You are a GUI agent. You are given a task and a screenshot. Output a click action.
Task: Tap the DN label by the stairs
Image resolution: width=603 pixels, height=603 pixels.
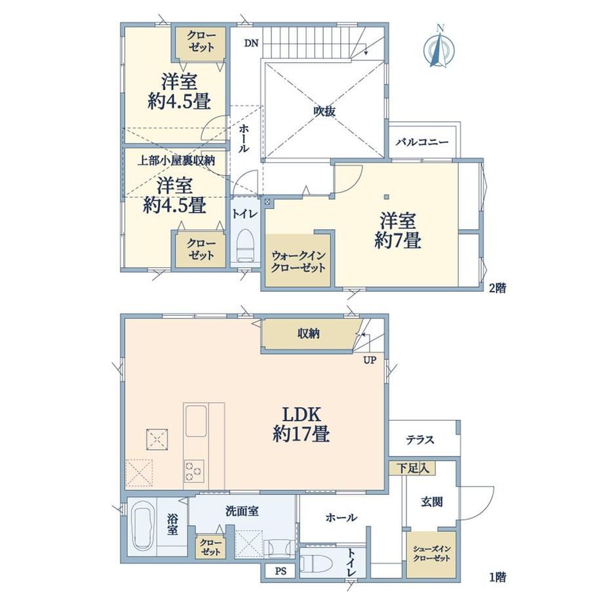coord(252,43)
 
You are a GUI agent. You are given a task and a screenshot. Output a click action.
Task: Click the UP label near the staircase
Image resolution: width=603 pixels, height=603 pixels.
coord(370,360)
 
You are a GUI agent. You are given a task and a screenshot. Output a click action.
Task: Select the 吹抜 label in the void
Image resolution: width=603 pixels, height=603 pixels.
coord(325,111)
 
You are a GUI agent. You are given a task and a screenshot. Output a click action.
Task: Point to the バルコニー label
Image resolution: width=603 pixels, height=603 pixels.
coord(422,142)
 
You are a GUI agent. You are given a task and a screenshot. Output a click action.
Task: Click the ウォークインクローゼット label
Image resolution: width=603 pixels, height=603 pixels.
coord(298,262)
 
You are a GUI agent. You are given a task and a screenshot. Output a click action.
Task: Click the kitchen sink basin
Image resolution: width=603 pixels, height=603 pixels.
coord(197,421)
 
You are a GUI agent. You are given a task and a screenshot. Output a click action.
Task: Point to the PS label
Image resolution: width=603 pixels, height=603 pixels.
coord(281,571)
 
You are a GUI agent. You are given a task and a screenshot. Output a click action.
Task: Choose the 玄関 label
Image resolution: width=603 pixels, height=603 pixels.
coord(431,501)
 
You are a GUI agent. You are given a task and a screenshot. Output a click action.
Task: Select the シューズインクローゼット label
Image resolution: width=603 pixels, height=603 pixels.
coord(431,553)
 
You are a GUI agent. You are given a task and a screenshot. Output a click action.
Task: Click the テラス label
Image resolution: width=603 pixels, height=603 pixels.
coord(420,439)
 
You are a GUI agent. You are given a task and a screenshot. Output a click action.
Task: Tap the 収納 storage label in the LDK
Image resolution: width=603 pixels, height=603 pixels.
coord(309,334)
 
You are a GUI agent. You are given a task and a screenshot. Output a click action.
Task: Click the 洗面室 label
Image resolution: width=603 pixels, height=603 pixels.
coord(242,511)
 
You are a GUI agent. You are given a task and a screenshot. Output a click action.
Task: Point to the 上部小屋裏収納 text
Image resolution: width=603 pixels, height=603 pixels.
coord(176,161)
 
